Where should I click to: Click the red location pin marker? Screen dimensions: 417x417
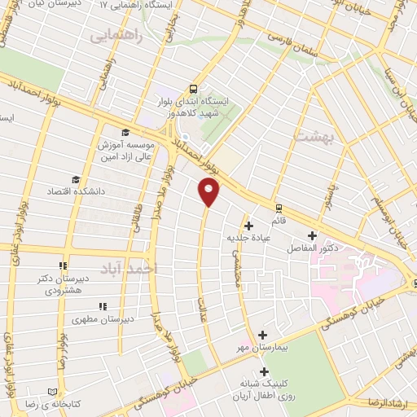[209, 191]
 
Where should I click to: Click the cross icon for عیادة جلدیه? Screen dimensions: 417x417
[248, 225]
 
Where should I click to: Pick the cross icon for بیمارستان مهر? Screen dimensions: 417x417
[262, 335]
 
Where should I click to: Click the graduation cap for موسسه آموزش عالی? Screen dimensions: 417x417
[125, 134]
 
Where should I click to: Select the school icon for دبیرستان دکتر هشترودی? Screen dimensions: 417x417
[63, 266]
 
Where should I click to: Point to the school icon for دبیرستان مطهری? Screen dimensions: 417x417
[103, 306]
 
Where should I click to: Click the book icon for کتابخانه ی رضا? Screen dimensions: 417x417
[54, 391]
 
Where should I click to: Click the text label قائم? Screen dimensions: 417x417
[279, 220]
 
